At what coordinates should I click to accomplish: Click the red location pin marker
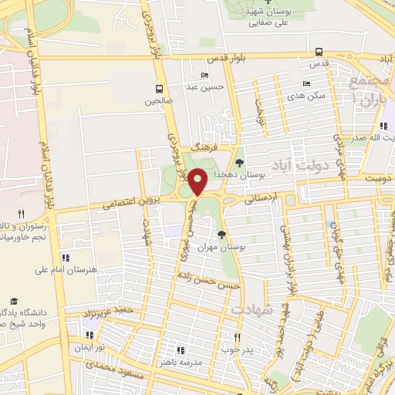point(197,181)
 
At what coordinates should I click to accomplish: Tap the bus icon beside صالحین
point(158,89)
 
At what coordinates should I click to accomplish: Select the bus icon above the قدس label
point(319,52)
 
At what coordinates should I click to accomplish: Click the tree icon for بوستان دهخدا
point(240,163)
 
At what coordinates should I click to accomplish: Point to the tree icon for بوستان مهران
point(222,234)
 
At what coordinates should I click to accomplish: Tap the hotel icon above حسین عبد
point(204,75)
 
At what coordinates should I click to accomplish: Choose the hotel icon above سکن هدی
point(307,83)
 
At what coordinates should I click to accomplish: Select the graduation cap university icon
point(13,302)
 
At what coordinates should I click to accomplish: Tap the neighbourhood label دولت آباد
point(302,165)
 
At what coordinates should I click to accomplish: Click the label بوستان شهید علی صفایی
point(262,18)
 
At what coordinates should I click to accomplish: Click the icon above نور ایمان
point(88,336)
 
